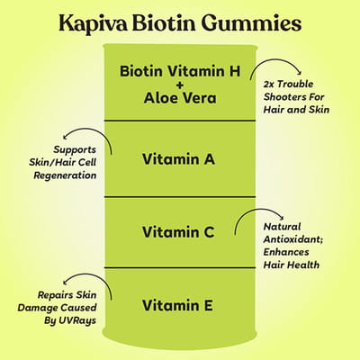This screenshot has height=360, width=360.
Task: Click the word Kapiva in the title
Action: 93,24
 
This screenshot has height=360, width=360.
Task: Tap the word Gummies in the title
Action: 251,24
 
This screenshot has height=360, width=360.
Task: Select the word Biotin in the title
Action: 165,22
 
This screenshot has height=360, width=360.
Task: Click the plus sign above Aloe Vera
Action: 180,85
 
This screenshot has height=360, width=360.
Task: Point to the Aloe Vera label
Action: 180,98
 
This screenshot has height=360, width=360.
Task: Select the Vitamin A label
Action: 178,159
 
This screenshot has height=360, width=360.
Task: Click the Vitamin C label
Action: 178,232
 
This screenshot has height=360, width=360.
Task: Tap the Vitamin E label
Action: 177,305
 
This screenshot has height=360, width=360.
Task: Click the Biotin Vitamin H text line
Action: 180,71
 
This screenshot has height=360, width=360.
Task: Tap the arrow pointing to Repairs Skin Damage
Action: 90,275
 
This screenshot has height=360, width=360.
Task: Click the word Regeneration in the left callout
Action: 65,175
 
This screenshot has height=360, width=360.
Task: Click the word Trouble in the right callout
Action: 295,84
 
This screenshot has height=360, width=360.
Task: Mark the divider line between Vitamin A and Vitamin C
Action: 180,197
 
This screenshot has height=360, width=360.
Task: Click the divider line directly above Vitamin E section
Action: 180,267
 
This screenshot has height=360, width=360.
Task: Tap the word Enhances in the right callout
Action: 286,252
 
